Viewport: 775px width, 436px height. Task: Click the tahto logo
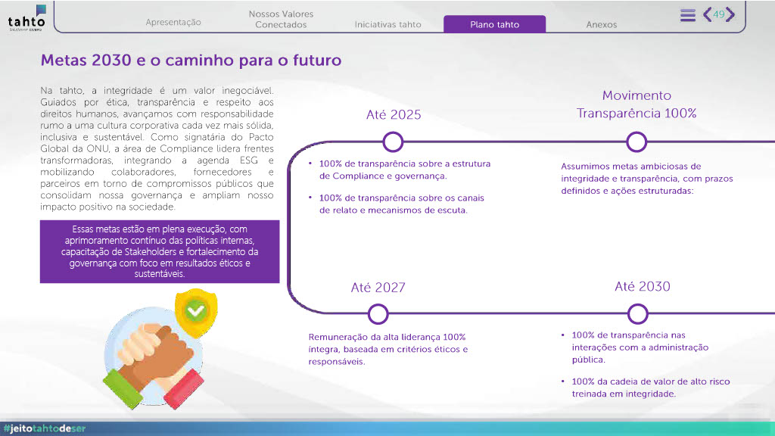click(x=26, y=18)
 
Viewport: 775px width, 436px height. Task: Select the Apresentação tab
click(x=173, y=22)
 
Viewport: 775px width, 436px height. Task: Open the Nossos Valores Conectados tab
click(x=281, y=19)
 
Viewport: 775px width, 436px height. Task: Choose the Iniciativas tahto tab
click(x=388, y=24)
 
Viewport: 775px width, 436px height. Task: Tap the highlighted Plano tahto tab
click(x=495, y=24)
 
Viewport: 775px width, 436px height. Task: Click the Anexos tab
click(x=602, y=24)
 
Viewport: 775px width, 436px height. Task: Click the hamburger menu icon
click(x=687, y=15)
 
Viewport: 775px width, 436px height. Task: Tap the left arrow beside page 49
click(x=708, y=14)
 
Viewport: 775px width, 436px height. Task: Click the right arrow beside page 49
click(x=730, y=14)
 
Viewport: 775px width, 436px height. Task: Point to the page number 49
click(x=719, y=14)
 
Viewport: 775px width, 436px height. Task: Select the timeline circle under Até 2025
click(x=393, y=142)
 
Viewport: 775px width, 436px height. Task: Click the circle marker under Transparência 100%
click(x=636, y=142)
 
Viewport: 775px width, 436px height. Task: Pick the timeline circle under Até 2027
click(x=378, y=314)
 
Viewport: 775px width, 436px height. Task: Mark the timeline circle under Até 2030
click(x=637, y=314)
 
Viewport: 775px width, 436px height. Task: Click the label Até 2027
click(x=378, y=287)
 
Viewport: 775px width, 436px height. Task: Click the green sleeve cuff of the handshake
click(x=123, y=388)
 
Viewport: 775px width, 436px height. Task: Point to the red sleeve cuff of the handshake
click(x=183, y=389)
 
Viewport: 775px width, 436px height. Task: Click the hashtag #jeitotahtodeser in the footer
click(x=45, y=428)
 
